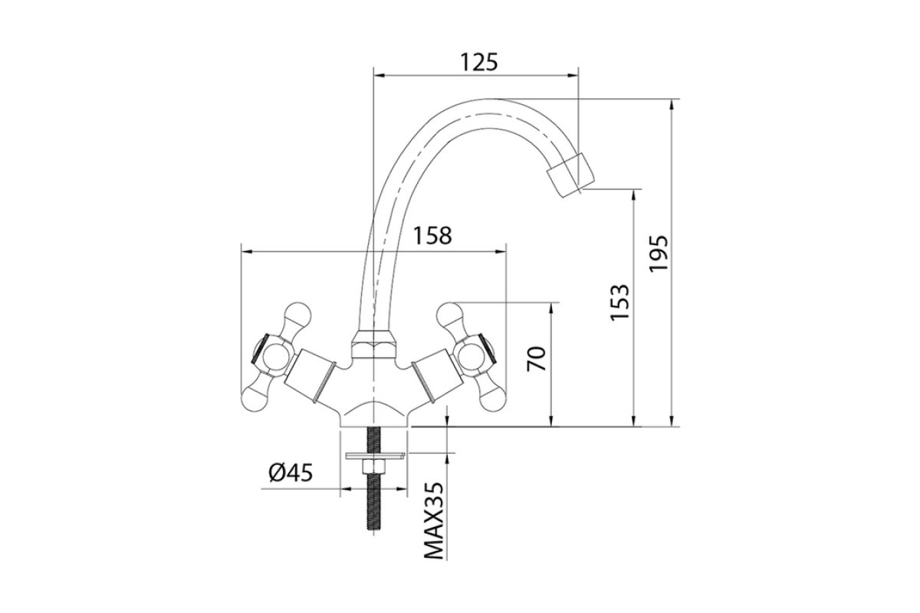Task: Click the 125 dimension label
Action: (478, 63)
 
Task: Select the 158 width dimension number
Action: (432, 236)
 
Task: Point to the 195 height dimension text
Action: (659, 253)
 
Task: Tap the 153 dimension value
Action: (619, 302)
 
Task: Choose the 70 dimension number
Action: (537, 359)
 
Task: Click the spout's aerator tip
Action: (571, 175)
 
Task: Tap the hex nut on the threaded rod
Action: (373, 467)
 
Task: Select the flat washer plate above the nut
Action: (376, 456)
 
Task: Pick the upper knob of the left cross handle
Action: (297, 315)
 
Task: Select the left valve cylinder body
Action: (310, 375)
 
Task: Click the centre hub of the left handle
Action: (275, 357)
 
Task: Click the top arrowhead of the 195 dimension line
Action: (672, 104)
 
